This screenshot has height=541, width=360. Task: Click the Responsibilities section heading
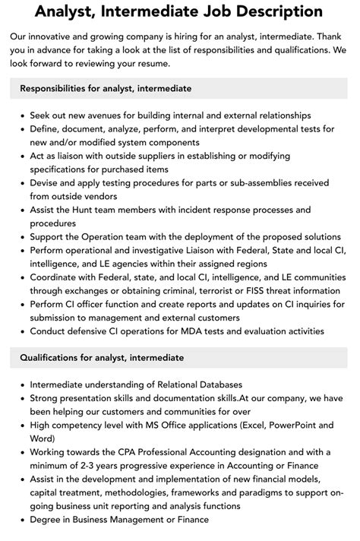106,89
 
